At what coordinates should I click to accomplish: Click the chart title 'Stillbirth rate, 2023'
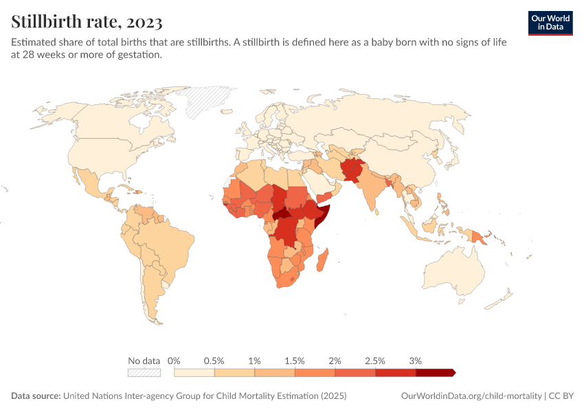coord(87,22)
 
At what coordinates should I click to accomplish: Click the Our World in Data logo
coord(550,23)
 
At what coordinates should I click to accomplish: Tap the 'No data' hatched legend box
coord(144,373)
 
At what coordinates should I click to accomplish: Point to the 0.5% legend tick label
coord(214,360)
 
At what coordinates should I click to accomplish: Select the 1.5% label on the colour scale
coord(295,360)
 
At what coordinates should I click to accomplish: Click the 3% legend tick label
coord(415,360)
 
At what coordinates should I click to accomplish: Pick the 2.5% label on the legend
coord(375,360)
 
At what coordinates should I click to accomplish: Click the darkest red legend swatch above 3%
coord(434,373)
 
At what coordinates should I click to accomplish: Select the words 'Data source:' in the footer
coord(36,396)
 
